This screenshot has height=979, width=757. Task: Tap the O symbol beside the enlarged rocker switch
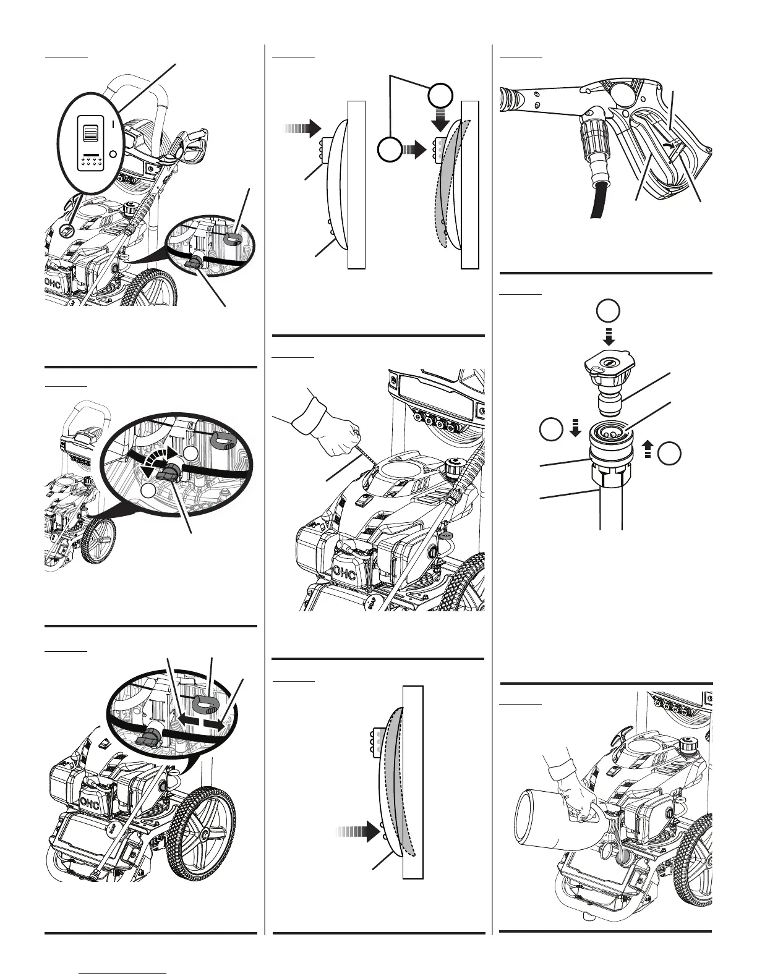113,154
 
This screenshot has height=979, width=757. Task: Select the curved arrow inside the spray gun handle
665,144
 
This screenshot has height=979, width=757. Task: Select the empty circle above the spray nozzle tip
609,311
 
